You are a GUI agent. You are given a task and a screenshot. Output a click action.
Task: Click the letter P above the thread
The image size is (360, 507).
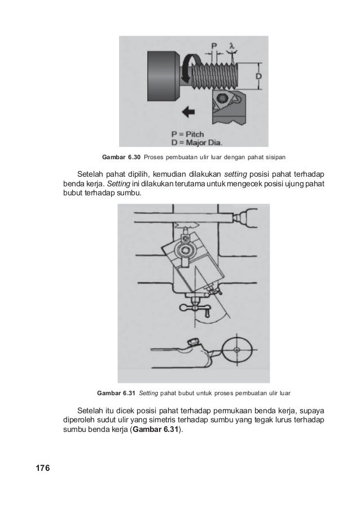[x=214, y=45]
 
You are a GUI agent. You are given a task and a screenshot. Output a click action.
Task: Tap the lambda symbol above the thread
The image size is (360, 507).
[x=231, y=45]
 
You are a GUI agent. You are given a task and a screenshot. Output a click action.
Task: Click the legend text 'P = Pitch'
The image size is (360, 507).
[x=187, y=134]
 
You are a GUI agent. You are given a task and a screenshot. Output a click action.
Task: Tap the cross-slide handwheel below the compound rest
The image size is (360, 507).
[x=194, y=307]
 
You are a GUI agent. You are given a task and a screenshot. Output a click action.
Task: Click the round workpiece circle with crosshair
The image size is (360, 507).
[x=238, y=349]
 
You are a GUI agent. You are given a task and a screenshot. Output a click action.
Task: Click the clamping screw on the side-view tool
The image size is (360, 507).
[x=192, y=341]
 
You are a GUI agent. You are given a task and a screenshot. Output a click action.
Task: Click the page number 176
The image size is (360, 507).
[x=43, y=468]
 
